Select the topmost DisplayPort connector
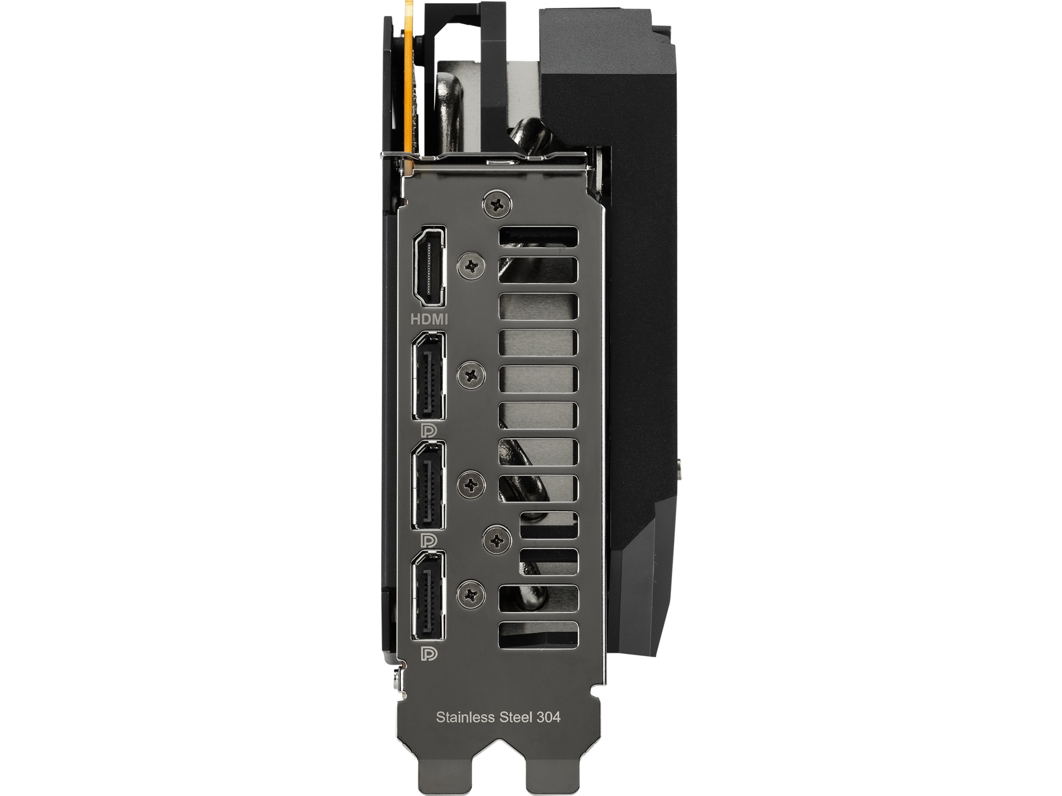[x=428, y=376]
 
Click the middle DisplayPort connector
[x=428, y=485]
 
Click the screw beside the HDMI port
[x=473, y=265]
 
